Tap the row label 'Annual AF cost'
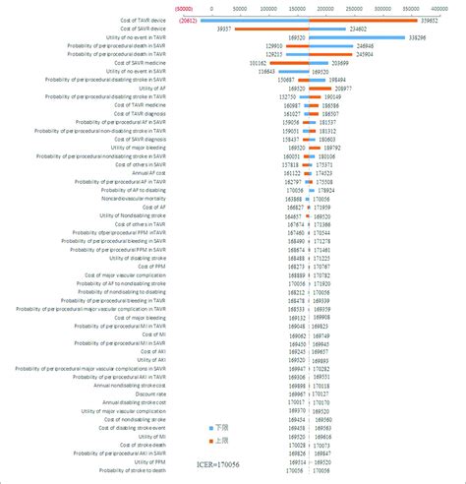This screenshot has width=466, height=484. (151, 171)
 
